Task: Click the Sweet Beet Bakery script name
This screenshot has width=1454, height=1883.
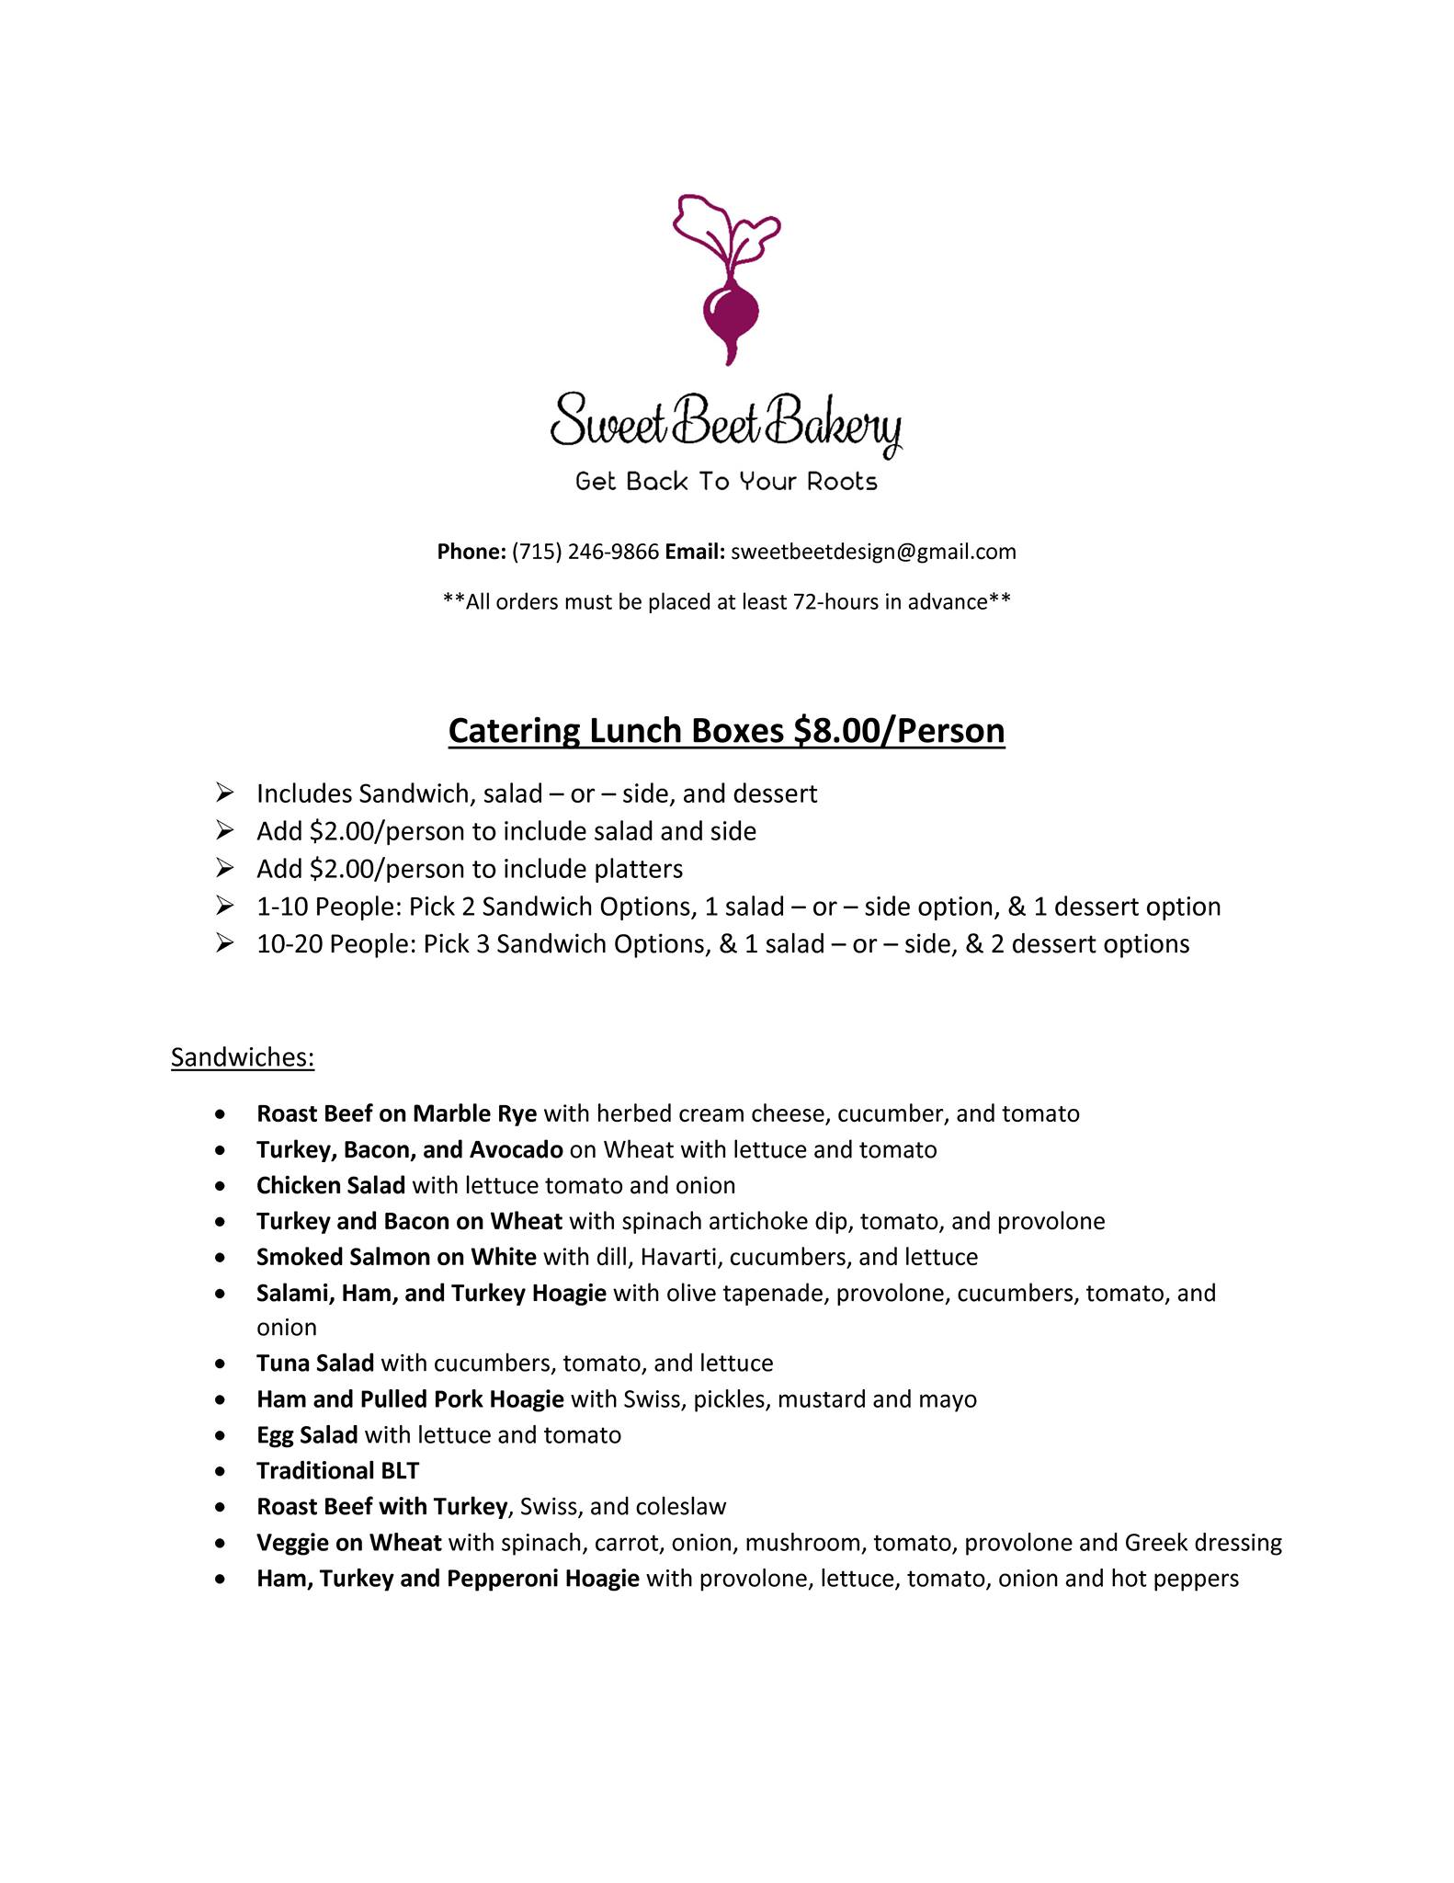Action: coord(726,422)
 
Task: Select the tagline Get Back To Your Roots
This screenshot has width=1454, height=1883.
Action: coord(726,482)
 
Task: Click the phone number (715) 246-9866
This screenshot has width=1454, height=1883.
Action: coord(585,552)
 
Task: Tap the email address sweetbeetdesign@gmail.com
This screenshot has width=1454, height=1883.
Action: coord(873,552)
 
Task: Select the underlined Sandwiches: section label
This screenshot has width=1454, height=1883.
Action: coord(243,1057)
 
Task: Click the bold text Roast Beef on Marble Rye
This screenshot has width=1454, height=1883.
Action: coord(396,1113)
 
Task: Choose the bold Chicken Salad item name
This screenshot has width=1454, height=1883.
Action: coord(331,1185)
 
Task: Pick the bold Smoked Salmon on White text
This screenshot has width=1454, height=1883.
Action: coord(396,1257)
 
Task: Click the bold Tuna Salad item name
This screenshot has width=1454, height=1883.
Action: coord(315,1363)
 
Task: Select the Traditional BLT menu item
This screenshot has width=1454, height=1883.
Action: coord(337,1470)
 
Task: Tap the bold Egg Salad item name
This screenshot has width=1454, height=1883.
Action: coord(307,1434)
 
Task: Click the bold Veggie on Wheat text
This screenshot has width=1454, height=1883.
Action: coord(349,1542)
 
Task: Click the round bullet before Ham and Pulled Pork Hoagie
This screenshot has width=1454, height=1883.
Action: coord(220,1399)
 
